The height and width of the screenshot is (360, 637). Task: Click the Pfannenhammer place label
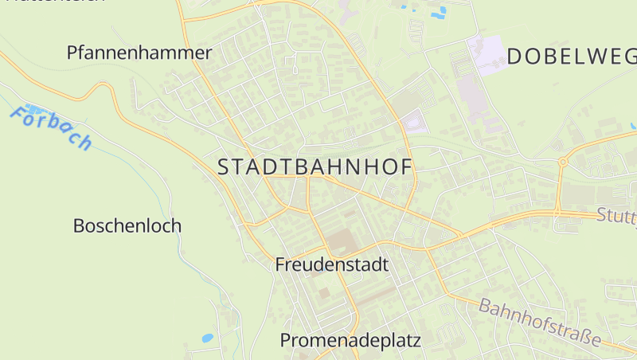139,53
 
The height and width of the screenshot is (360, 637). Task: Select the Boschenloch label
127,225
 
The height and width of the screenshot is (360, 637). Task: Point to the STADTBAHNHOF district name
315,167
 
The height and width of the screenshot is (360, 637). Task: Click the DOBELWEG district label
572,56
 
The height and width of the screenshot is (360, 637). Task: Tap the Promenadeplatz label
350,341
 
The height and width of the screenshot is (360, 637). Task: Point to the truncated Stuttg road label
616,214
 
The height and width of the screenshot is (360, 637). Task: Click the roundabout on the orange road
562,162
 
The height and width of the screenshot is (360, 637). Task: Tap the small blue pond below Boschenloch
207,338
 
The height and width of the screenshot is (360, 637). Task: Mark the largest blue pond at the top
439,11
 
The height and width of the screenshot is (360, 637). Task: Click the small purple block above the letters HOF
412,123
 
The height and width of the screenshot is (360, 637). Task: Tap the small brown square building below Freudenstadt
324,293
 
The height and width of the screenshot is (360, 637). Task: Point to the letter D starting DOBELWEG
514,56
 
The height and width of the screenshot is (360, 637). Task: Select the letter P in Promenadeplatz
286,341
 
